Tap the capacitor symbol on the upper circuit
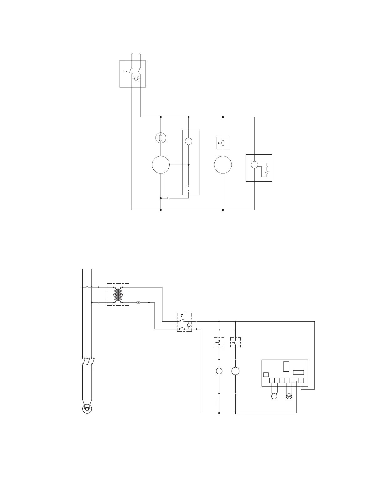pos(168,198)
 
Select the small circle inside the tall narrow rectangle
pos(188,141)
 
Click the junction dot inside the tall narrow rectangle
pos(188,165)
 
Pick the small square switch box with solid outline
pos(223,143)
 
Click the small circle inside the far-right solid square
pos(254,165)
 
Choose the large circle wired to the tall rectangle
pos(161,165)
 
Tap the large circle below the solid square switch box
pos(223,165)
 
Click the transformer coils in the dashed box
pos(118,295)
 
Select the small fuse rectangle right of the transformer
pos(138,303)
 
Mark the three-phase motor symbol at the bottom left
pos(87,409)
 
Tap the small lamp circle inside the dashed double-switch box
pos(189,325)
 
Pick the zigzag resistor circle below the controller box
pos(289,396)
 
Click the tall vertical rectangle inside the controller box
pos(286,366)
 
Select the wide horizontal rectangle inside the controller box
pos(298,373)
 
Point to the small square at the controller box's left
pos(266,375)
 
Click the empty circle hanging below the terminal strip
pos(274,396)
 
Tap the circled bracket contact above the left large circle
pos(161,137)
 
